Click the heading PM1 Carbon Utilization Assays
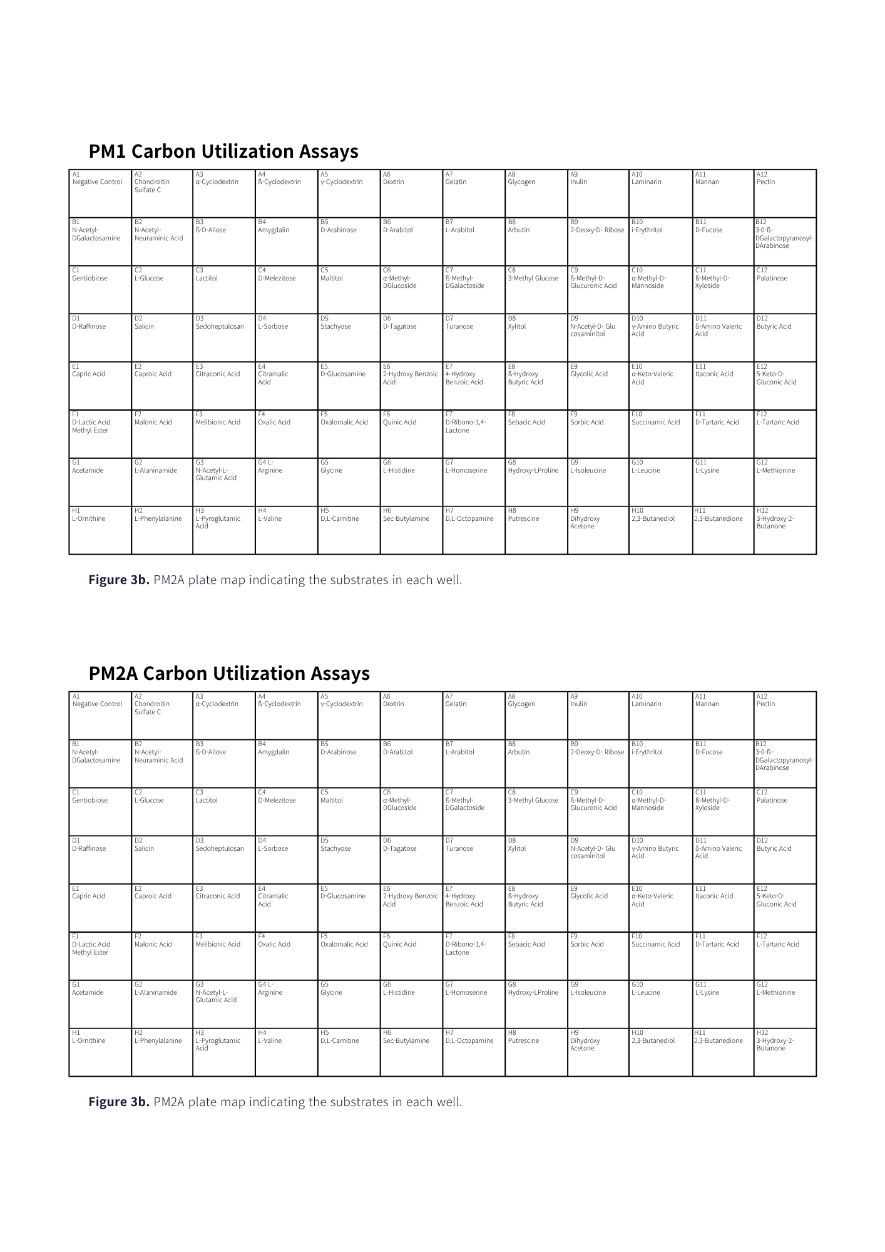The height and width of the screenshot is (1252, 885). click(223, 151)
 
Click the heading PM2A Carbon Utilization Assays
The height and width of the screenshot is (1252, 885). click(229, 674)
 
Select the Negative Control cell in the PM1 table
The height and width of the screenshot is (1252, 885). click(100, 193)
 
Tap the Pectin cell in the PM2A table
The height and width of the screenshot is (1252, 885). click(785, 716)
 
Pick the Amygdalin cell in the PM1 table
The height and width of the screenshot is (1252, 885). click(286, 242)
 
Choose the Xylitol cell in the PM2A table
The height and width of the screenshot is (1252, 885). click(536, 859)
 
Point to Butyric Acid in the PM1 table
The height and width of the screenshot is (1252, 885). click(785, 337)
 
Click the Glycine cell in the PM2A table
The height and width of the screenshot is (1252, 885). click(349, 1004)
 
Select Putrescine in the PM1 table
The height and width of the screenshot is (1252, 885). click(536, 530)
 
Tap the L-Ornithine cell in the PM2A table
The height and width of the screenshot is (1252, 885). click(100, 1052)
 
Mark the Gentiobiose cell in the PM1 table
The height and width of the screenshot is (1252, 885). click(100, 289)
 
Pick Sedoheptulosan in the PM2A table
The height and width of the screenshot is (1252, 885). click(223, 859)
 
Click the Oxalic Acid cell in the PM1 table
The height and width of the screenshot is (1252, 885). click(286, 434)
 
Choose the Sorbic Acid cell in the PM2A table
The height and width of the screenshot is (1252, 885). click(598, 956)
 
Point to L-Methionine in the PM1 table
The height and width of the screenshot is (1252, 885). click(785, 482)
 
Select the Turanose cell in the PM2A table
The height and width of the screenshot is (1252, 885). click(473, 859)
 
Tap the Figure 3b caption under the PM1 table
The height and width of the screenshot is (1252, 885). click(275, 580)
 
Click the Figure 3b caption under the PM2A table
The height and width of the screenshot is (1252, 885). click(275, 1102)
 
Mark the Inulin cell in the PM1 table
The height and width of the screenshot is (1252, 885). click(598, 193)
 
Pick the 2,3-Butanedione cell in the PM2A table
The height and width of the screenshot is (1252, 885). click(723, 1052)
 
